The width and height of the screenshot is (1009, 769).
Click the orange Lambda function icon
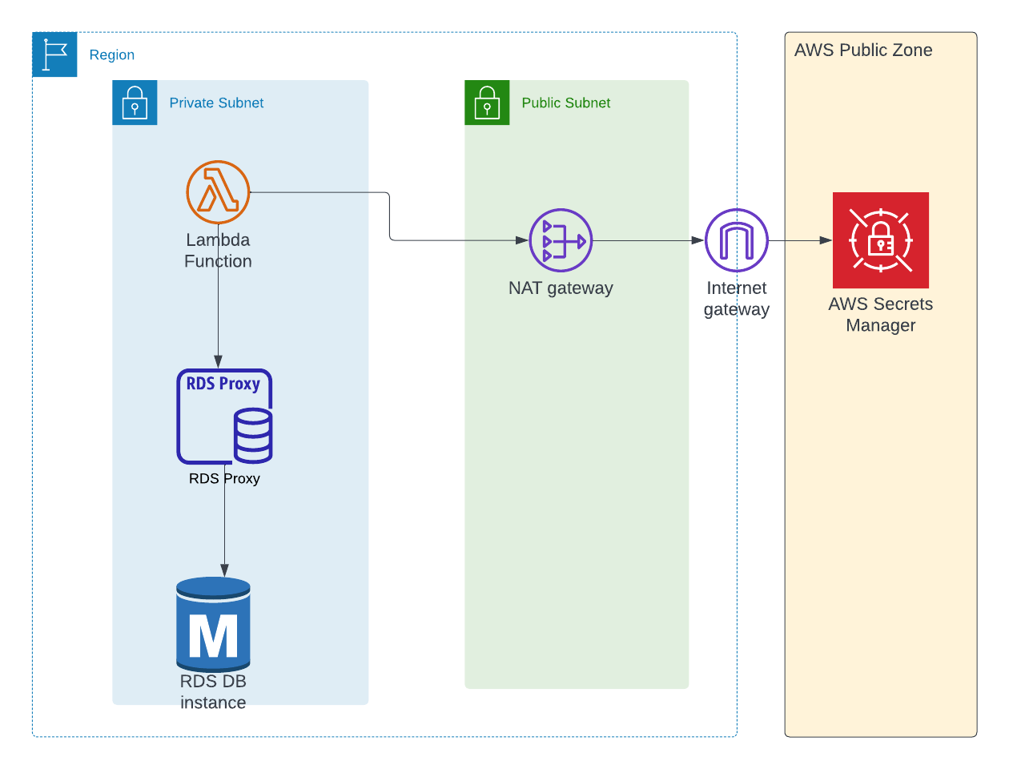218,192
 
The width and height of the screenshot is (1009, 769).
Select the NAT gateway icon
561,240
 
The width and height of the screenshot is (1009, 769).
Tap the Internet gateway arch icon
736,240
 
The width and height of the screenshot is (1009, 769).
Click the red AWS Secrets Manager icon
880,240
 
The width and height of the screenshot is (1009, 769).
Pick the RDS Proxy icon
224,417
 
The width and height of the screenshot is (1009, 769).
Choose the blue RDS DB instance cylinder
213,624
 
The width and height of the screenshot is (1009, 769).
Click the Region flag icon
54,54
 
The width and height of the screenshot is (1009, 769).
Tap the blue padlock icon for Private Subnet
135,103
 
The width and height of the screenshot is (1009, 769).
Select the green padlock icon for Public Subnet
487,103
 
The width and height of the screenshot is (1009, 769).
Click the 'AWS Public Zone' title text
863,50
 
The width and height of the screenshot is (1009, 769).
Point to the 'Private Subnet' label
216,103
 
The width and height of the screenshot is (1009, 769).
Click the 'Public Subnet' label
565,103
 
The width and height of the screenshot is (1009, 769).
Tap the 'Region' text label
112,55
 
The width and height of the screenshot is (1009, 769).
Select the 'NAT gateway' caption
561,288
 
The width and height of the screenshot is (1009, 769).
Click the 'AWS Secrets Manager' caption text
880,315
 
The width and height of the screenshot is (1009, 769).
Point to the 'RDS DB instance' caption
213,691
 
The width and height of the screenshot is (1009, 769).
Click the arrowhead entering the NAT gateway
522,240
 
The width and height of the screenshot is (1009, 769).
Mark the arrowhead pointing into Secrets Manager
826,240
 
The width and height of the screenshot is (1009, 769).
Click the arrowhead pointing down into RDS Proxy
218,362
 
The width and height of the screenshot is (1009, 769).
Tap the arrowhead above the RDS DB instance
224,570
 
